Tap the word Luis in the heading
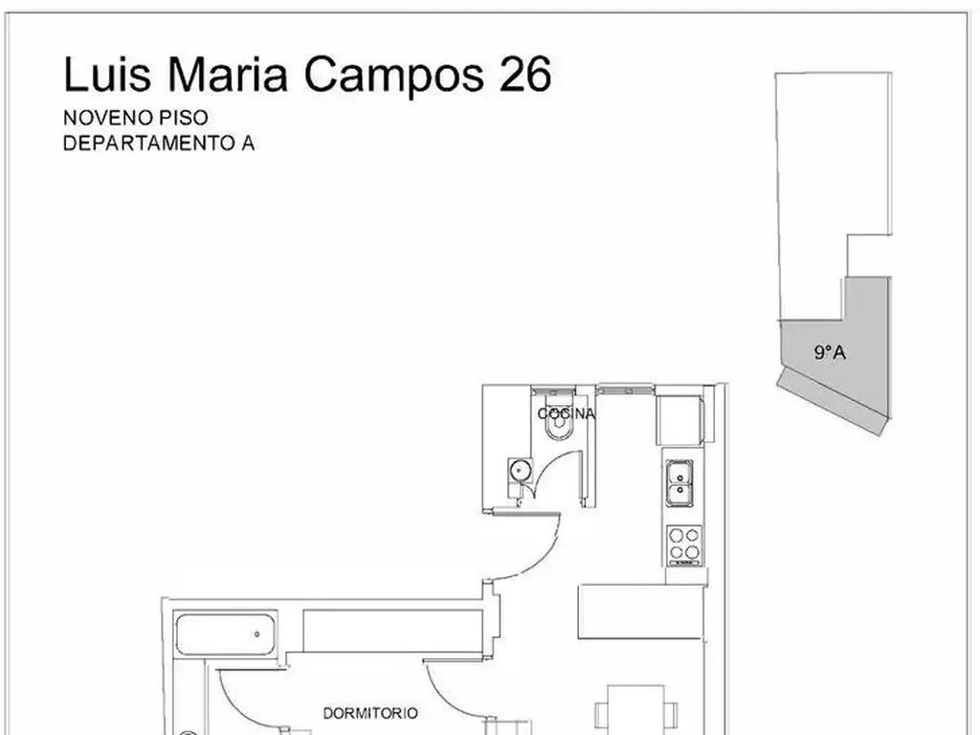pyautogui.click(x=107, y=74)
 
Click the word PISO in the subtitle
pyautogui.click(x=184, y=118)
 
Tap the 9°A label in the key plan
pyautogui.click(x=830, y=352)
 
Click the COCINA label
pyautogui.click(x=567, y=413)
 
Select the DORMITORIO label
pyautogui.click(x=370, y=713)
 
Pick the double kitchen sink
pyautogui.click(x=679, y=483)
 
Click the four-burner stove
pyautogui.click(x=684, y=545)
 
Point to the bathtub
pyautogui.click(x=226, y=635)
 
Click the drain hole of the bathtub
pyautogui.click(x=256, y=635)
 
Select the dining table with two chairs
pyautogui.click(x=636, y=711)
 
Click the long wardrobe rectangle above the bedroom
pyautogui.click(x=392, y=631)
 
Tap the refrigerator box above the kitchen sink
pyautogui.click(x=679, y=420)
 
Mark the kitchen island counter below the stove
pyautogui.click(x=641, y=612)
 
